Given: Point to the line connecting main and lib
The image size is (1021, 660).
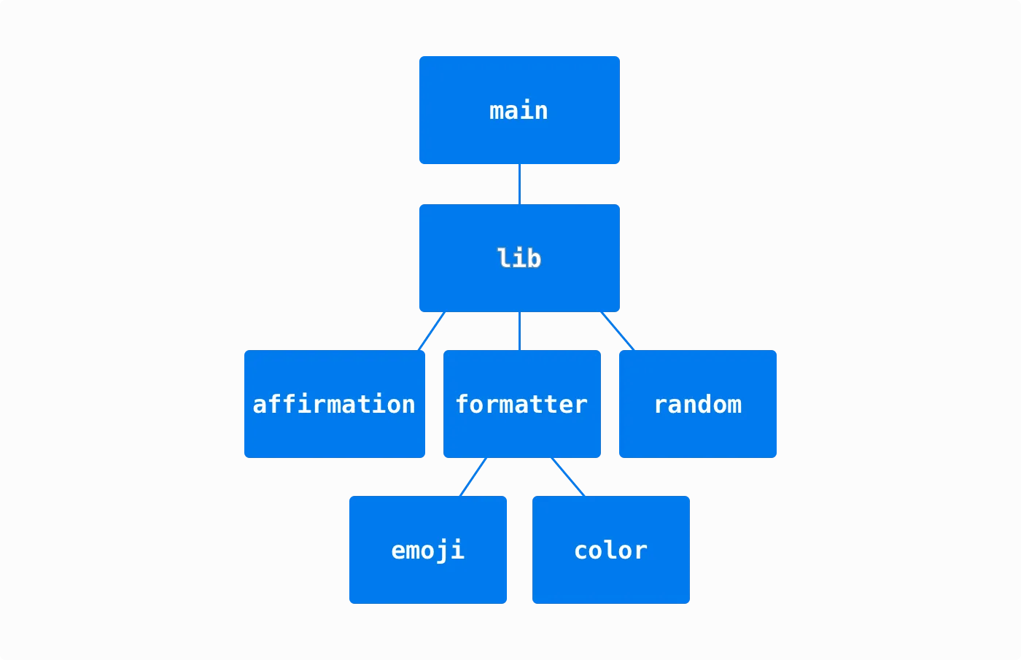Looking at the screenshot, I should [x=519, y=184].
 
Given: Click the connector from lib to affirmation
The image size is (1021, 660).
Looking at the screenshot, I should [x=432, y=331].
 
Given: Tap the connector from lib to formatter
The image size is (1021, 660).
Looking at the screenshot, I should [x=519, y=331].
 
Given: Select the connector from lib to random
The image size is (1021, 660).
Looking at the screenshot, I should [x=617, y=331].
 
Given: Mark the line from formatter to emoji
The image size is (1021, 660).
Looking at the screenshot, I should [x=473, y=477].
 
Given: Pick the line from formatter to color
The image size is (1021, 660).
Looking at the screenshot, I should [x=568, y=477].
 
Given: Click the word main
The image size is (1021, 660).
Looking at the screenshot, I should [x=519, y=111].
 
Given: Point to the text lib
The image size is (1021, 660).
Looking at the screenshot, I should [x=519, y=258].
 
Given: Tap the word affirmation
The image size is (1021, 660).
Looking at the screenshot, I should [x=334, y=404].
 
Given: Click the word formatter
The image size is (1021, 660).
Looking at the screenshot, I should [x=521, y=404].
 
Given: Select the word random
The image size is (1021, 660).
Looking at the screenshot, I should [x=697, y=404].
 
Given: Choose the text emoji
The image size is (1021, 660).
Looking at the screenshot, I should [x=427, y=550].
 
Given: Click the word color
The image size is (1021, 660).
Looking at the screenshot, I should [x=610, y=550].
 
